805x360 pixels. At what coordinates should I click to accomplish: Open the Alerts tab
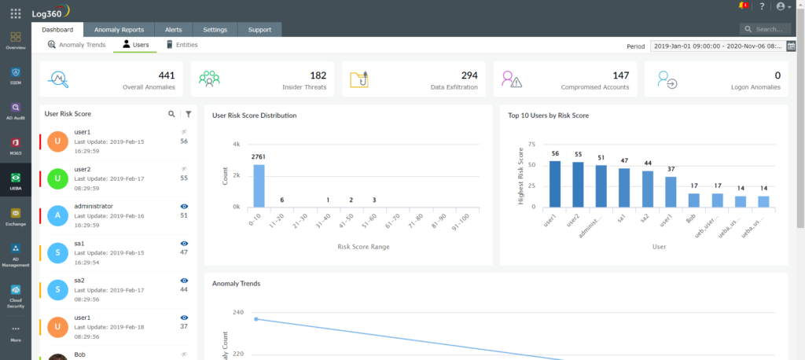click(173, 30)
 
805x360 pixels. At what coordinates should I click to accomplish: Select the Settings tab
click(215, 30)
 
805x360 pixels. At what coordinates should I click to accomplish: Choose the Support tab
click(259, 30)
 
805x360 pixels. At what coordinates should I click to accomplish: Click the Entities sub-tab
click(182, 45)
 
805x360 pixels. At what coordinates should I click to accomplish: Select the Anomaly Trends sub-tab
click(76, 45)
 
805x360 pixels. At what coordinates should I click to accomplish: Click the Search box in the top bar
click(770, 30)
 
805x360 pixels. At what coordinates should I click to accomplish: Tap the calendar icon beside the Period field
click(791, 46)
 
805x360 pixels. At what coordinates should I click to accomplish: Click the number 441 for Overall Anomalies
click(167, 75)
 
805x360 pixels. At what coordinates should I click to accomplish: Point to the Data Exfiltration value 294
click(469, 75)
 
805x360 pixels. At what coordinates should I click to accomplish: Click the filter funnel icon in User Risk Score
click(188, 114)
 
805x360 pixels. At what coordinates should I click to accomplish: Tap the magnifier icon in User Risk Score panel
click(172, 114)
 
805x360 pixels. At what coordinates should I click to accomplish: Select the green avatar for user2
click(57, 178)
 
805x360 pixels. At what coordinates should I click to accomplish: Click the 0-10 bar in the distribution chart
click(259, 186)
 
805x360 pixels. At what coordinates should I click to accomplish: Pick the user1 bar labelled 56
click(555, 184)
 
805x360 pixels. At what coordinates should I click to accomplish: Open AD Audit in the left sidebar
click(16, 111)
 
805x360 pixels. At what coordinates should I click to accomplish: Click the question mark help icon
click(761, 6)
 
